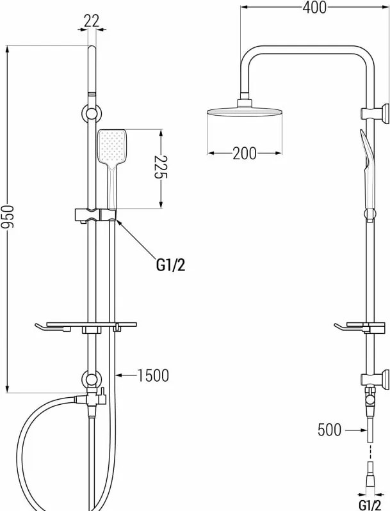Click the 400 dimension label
click(x=314, y=8)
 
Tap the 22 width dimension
click(x=92, y=21)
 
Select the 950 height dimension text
click(x=7, y=217)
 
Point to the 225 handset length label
click(x=161, y=168)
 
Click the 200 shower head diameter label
click(x=245, y=153)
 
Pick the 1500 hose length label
click(x=153, y=375)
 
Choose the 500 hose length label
click(x=329, y=430)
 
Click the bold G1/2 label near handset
click(x=170, y=265)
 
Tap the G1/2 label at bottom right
click(x=370, y=503)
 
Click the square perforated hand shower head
click(x=111, y=147)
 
